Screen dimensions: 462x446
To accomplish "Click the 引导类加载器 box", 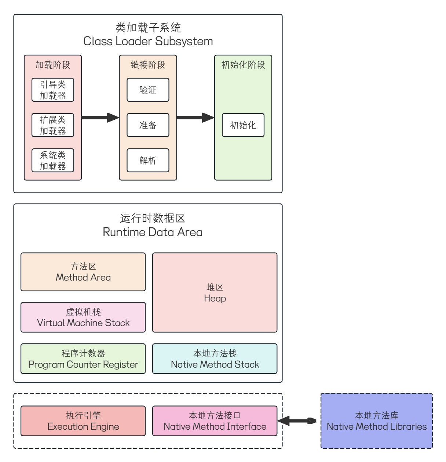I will [x=52, y=90].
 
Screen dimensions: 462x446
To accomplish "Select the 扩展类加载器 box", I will [x=52, y=125].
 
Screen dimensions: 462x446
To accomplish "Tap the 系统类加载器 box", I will [x=52, y=160].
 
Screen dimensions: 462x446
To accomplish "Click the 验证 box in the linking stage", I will [x=148, y=90].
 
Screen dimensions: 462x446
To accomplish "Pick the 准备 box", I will [x=148, y=125].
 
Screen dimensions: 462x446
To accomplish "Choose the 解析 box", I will [x=148, y=160].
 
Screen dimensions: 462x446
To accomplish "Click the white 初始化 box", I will [x=243, y=125].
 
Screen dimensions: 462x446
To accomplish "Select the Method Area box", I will [x=83, y=272].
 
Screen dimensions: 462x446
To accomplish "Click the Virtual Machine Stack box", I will [x=83, y=318].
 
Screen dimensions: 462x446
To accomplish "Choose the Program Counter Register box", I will [x=83, y=359].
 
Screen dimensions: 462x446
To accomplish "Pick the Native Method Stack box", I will [x=215, y=359].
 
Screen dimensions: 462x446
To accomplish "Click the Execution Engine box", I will [x=83, y=421].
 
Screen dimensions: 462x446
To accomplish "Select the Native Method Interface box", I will [x=215, y=421].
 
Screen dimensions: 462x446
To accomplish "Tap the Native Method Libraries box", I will [x=377, y=421].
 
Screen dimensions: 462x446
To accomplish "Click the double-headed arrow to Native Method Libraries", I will [x=297, y=421].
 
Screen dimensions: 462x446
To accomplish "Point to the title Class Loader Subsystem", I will [x=148, y=41].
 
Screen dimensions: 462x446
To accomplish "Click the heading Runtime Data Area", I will [x=152, y=232].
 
